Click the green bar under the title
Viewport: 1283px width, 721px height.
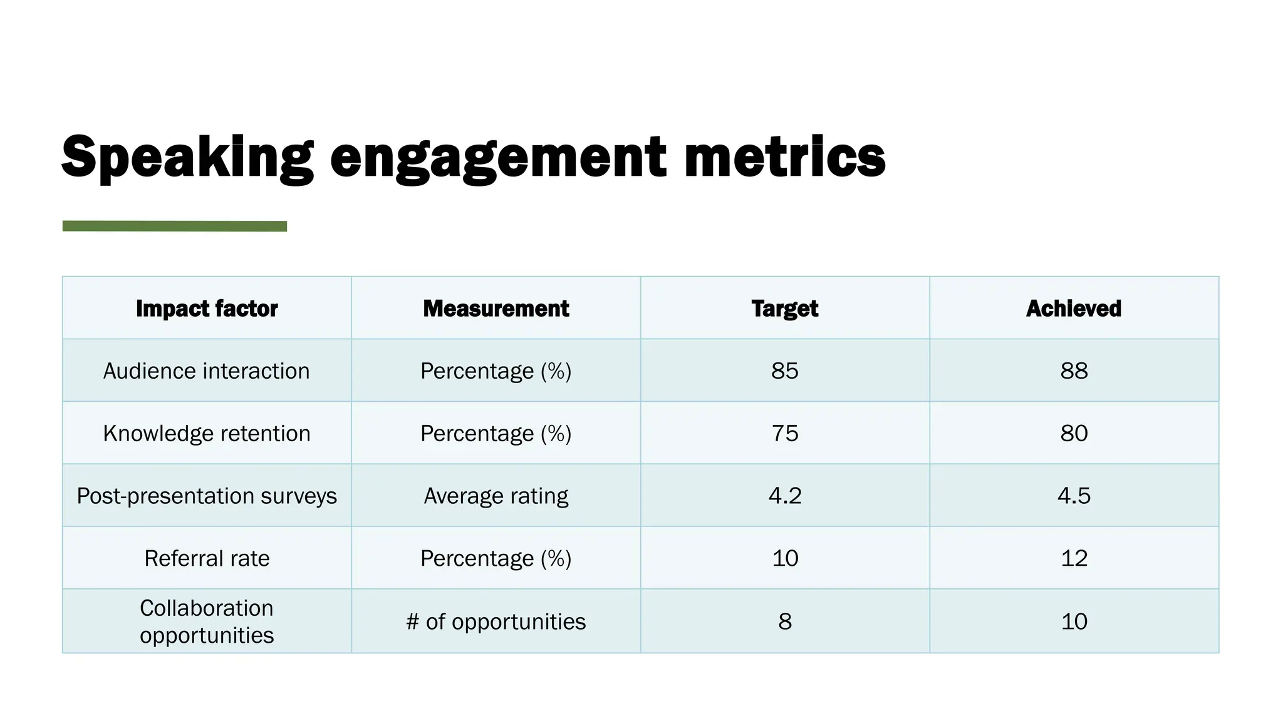click(x=174, y=226)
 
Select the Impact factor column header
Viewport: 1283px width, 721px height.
click(x=207, y=309)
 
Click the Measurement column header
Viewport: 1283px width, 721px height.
click(x=496, y=309)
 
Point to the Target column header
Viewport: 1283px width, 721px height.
click(x=784, y=309)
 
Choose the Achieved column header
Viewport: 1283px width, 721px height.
click(x=1073, y=309)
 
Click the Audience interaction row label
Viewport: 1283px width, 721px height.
click(x=207, y=371)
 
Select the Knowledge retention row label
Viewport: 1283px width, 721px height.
click(x=207, y=434)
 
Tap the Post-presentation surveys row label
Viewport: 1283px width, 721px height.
click(x=207, y=496)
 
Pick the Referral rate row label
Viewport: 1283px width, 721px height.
click(x=207, y=558)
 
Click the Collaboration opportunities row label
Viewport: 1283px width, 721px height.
click(x=207, y=621)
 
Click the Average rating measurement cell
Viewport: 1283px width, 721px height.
click(x=496, y=496)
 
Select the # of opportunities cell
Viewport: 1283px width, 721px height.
click(x=496, y=621)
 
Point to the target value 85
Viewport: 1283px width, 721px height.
click(x=784, y=371)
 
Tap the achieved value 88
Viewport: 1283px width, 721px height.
click(x=1073, y=371)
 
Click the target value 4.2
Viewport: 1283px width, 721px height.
click(x=784, y=496)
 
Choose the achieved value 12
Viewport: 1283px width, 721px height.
click(x=1073, y=558)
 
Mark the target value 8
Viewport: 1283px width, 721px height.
click(x=784, y=621)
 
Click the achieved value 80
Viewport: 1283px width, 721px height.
click(x=1073, y=434)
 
